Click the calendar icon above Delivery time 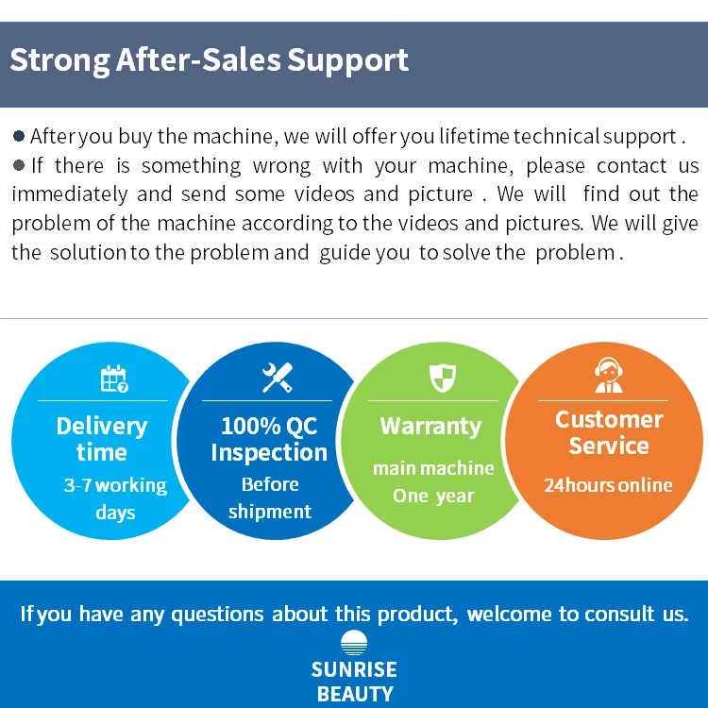tap(114, 379)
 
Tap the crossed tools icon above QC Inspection tap(278, 378)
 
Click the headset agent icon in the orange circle tap(609, 376)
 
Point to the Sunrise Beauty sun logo tap(354, 644)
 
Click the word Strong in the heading tap(59, 60)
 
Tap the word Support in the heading tap(347, 60)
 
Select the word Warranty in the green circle tap(430, 427)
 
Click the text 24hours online tap(608, 486)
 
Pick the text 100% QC tap(269, 426)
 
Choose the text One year tap(434, 496)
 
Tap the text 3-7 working tap(115, 486)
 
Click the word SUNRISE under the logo tap(354, 670)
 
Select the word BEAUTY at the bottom tap(355, 694)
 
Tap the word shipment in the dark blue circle tap(269, 512)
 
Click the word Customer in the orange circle tap(609, 420)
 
